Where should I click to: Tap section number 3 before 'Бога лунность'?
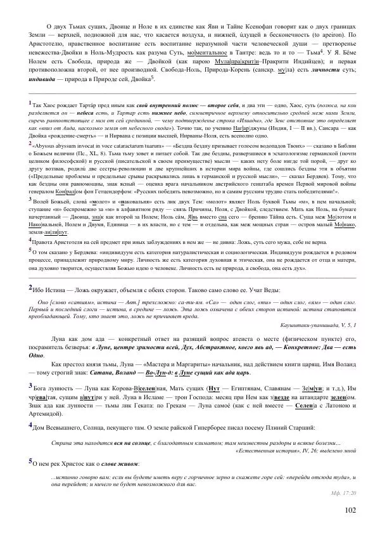pos(31,385)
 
